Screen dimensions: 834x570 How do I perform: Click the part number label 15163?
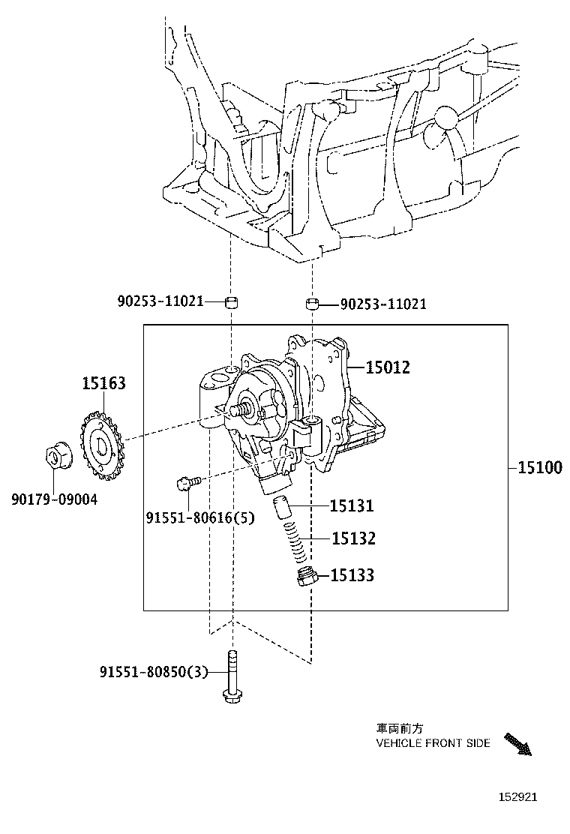point(103,384)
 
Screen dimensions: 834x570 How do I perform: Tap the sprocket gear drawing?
point(100,447)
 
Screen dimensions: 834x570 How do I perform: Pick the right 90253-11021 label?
point(383,304)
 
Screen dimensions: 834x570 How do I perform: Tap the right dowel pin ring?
point(312,304)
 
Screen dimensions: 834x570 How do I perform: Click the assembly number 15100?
point(539,467)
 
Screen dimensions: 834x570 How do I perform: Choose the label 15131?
point(352,505)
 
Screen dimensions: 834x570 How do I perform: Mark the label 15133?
point(352,575)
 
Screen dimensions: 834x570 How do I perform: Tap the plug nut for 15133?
point(306,578)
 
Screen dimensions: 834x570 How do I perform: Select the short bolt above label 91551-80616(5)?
point(187,483)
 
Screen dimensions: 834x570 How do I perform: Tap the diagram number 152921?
point(514,799)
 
